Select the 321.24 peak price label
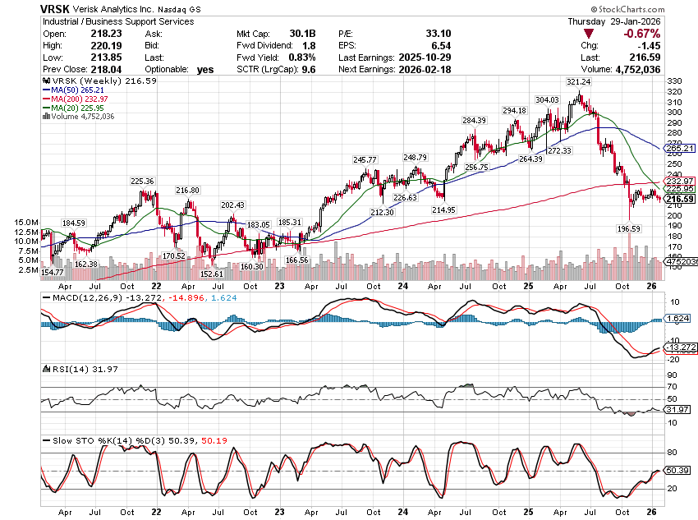coord(578,82)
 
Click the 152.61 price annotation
coord(211,274)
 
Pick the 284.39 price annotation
coord(475,121)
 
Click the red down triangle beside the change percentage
coord(588,34)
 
